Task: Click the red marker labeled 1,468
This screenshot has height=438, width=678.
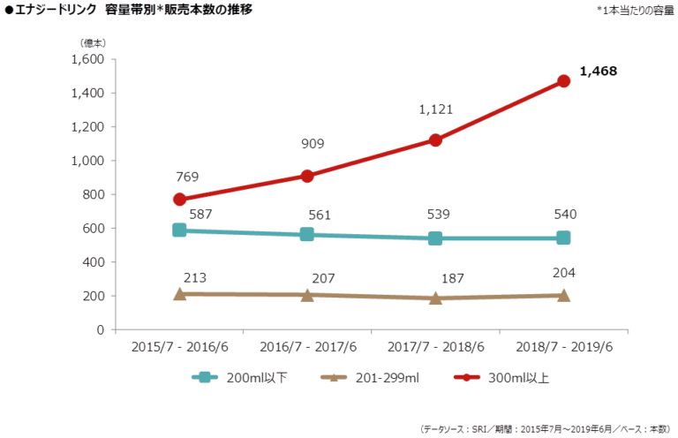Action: [563, 81]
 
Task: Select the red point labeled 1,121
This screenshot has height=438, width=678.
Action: [435, 140]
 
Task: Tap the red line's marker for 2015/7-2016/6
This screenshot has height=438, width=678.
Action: [180, 200]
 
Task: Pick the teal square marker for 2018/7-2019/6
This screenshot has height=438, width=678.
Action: [563, 238]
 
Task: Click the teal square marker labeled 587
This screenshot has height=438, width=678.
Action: [180, 230]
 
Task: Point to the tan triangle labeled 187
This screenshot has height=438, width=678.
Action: [435, 298]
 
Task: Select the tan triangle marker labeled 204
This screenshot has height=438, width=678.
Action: [563, 294]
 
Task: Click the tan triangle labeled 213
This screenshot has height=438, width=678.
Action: [180, 293]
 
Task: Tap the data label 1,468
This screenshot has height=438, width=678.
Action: [598, 69]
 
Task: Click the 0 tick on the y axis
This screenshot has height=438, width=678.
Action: [100, 329]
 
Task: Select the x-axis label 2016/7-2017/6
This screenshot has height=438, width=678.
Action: [307, 348]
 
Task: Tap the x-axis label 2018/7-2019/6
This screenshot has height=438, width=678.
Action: [563, 348]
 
